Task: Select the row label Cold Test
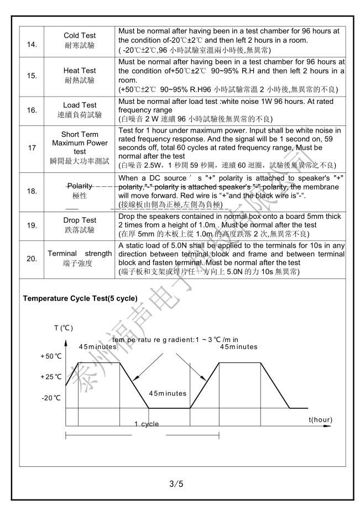coord(80,35)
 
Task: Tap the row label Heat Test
coord(80,71)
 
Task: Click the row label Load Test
coord(80,105)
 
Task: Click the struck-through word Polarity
coord(80,186)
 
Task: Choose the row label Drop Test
coord(80,220)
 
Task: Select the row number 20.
coord(33,258)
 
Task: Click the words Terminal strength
coord(80,254)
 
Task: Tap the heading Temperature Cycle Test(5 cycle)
coord(80,298)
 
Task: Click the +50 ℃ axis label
coord(51,356)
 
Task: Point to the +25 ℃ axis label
coord(51,376)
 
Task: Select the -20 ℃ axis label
coord(51,397)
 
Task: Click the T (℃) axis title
coord(63,328)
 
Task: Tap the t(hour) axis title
coord(320,420)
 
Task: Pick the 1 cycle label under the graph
coord(146,424)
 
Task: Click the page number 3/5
coord(176,485)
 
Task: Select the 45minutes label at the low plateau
coord(167,393)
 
